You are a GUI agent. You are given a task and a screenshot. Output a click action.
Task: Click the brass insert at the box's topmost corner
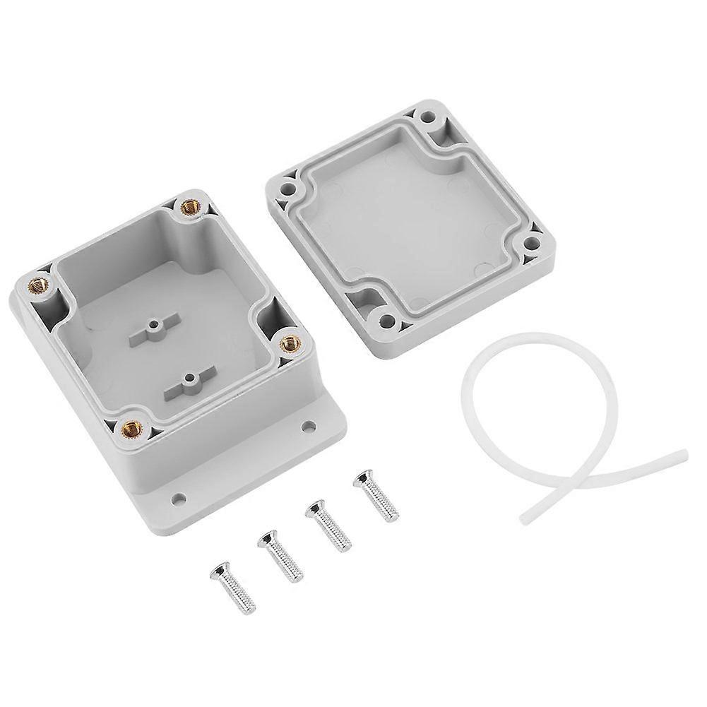189,207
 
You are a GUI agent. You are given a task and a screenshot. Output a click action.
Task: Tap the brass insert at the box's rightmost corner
289,343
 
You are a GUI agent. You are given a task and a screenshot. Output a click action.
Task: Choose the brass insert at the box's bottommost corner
132,427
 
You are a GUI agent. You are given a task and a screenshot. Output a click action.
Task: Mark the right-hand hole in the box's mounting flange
309,427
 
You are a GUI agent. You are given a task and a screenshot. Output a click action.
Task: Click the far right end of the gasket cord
682,454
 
